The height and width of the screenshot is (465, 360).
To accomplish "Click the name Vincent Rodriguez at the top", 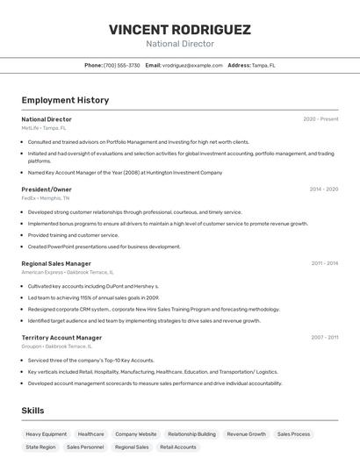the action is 180,29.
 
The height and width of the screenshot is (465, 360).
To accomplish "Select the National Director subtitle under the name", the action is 180,44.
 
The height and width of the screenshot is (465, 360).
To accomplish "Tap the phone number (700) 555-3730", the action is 122,65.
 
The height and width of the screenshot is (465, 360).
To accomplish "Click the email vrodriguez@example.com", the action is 192,65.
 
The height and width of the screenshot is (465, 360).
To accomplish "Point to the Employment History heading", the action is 65,100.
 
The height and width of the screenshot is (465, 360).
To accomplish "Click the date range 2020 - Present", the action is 320,119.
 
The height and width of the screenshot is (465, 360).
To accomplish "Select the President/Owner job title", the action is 47,190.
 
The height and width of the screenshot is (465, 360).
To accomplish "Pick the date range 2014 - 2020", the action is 323,190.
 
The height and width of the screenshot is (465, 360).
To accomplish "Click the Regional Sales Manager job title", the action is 56,263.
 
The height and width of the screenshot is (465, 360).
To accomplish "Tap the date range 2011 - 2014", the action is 324,263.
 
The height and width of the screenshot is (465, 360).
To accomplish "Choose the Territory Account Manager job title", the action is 61,338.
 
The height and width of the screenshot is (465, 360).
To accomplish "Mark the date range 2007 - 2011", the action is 324,338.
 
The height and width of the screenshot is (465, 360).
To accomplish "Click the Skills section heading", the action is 32,411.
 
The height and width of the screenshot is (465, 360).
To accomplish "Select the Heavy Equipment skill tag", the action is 46,434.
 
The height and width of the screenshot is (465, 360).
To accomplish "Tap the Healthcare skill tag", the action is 90,434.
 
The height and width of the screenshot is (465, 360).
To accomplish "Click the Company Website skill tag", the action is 136,434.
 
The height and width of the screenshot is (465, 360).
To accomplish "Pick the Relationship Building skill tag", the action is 191,434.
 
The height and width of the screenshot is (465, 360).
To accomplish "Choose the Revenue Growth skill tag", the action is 246,434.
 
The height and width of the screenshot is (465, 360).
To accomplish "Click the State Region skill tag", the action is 40,447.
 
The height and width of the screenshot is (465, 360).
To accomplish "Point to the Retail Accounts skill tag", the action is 178,447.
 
